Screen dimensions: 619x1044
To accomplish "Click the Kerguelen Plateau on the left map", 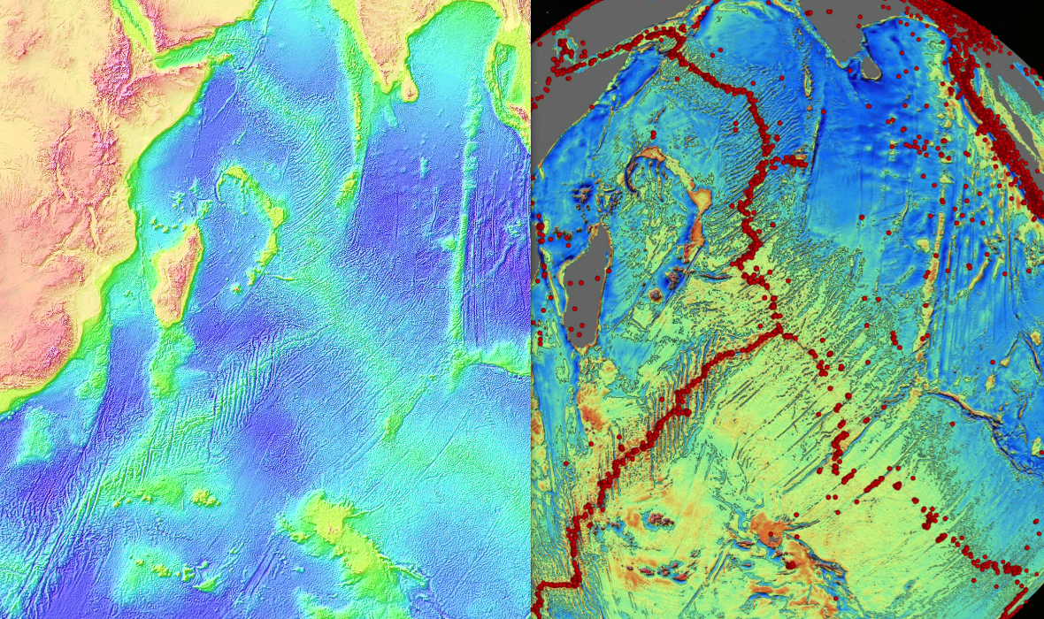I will [341, 531].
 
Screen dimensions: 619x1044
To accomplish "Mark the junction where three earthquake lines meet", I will [783, 332].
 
